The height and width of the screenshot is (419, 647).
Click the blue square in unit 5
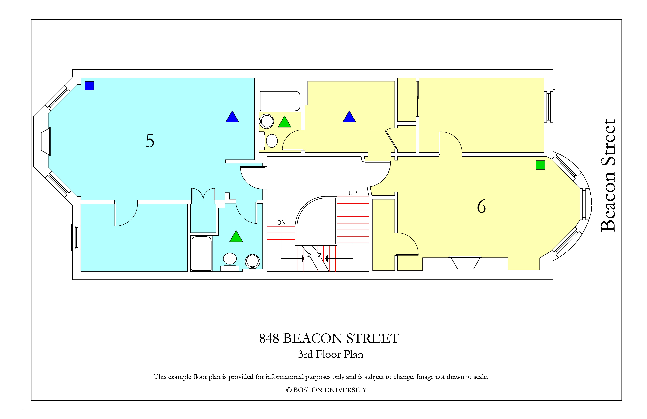click(x=89, y=86)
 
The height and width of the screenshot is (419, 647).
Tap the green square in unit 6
click(x=540, y=165)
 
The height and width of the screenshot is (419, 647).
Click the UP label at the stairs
click(x=353, y=193)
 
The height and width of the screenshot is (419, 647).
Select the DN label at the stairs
click(x=281, y=223)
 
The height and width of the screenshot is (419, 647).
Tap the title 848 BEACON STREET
click(x=329, y=339)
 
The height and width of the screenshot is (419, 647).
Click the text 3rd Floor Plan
click(x=331, y=354)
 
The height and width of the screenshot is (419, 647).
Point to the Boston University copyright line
click(x=326, y=390)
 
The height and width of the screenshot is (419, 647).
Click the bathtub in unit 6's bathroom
click(x=280, y=101)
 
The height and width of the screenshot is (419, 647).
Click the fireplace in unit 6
click(x=465, y=263)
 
